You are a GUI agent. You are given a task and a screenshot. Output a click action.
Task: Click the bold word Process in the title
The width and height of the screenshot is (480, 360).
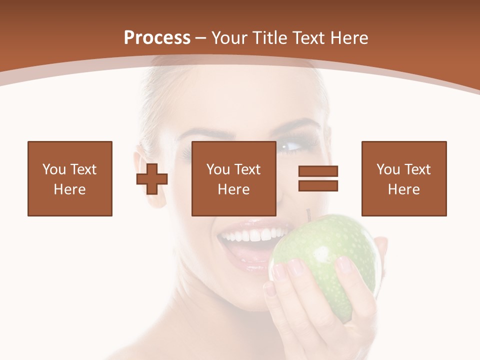[x=157, y=38]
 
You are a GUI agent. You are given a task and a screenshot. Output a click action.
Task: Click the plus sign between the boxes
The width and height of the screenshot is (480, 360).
[x=152, y=178]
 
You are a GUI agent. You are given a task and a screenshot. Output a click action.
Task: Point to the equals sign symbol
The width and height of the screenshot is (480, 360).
[x=318, y=178]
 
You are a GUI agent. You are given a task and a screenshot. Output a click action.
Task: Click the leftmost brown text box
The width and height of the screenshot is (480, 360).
[x=70, y=178]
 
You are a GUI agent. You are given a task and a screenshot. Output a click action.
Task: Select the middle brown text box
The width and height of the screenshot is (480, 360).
[x=234, y=178]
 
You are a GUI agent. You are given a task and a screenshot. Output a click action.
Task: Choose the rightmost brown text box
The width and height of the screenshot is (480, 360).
[x=404, y=178]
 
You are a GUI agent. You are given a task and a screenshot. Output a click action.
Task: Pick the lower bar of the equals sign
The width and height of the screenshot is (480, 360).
[x=318, y=185]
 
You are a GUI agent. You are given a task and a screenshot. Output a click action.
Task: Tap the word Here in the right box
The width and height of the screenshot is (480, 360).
[x=404, y=189]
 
